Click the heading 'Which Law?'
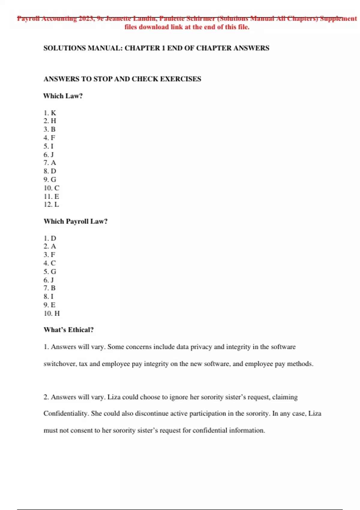63,96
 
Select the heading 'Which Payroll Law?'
75,221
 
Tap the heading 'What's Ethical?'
68,330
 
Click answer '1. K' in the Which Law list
50,113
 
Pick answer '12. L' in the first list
51,204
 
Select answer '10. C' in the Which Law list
52,188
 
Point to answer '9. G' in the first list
50,179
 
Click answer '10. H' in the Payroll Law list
52,313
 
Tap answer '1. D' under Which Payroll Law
50,238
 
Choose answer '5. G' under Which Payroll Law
50,271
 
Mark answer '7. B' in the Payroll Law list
49,288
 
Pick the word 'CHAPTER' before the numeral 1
142,48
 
